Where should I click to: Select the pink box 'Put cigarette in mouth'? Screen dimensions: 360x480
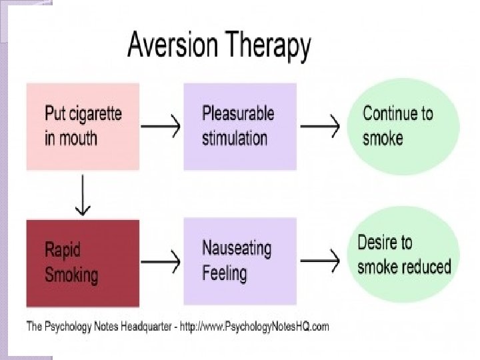pos(83,127)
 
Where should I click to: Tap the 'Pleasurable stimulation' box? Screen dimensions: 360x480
pos(239,127)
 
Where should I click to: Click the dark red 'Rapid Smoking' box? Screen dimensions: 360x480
pos(83,261)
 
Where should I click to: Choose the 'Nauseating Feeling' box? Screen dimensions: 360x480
pos(239,261)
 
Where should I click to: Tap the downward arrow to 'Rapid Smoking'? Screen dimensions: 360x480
pos(83,195)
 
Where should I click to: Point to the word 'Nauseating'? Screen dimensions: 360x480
pos(237,249)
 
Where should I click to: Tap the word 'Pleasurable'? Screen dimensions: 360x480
pos(238,114)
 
